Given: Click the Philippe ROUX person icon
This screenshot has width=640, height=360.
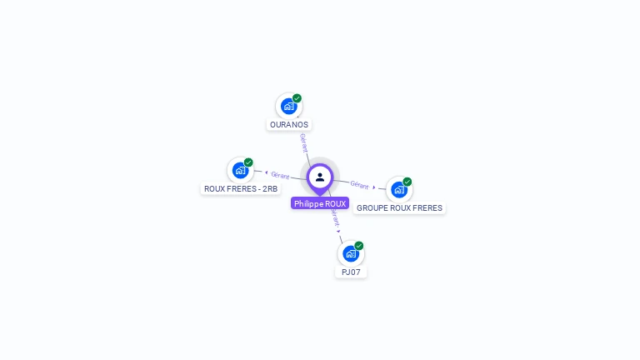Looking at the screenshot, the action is (320, 177).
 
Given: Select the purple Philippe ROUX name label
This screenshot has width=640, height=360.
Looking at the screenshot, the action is (320, 203).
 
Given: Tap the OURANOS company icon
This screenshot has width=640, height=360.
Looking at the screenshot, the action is (288, 106).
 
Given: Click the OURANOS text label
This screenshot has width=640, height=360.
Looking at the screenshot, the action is (289, 125).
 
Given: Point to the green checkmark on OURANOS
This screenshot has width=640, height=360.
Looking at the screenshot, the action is (297, 98).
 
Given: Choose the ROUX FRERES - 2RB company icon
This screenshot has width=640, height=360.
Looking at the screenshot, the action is (240, 170).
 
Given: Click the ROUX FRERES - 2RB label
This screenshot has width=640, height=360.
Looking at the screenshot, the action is (241, 189).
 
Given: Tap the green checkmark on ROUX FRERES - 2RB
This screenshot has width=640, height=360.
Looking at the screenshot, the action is (248, 162).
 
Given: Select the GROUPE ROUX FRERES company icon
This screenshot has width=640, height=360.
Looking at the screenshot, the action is (399, 189).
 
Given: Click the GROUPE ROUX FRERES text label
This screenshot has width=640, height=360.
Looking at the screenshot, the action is (399, 208).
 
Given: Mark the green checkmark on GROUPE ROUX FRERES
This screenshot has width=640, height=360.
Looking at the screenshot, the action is (407, 182).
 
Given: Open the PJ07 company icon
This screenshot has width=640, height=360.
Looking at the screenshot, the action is (351, 253).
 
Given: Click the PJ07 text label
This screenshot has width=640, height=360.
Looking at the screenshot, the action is (352, 272).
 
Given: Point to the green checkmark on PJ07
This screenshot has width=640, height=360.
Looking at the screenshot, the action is (359, 246).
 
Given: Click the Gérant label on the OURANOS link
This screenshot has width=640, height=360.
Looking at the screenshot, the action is (304, 142).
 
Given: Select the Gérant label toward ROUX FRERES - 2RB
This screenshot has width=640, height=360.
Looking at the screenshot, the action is (280, 175).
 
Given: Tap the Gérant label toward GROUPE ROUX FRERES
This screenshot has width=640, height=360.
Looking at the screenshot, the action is (359, 185).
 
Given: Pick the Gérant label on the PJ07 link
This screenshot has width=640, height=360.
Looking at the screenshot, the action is (335, 218).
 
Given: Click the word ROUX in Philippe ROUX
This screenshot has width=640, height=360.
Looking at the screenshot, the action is (335, 203).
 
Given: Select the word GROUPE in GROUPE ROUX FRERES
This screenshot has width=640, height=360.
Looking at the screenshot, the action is (372, 208).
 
